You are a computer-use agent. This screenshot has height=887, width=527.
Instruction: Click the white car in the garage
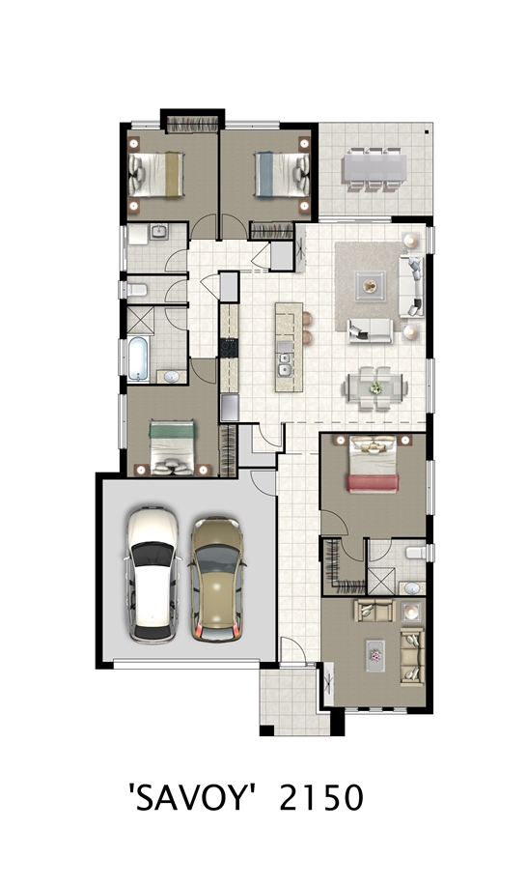pyautogui.click(x=153, y=575)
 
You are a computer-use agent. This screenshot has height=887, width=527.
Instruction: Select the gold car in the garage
pyautogui.click(x=217, y=579)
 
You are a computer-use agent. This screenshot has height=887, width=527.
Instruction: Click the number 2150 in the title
pyautogui.click(x=321, y=798)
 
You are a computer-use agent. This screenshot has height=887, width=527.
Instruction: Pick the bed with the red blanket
pyautogui.click(x=373, y=464)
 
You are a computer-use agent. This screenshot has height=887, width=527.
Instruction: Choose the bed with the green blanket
pyautogui.click(x=172, y=447)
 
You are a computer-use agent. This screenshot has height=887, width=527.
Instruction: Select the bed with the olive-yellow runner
pyautogui.click(x=156, y=174)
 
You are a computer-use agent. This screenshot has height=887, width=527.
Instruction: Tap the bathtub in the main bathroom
pyautogui.click(x=138, y=358)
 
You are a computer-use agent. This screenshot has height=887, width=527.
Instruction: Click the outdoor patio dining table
pyautogui.click(x=374, y=169)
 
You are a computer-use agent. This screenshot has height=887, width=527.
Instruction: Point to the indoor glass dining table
pyautogui.click(x=375, y=387)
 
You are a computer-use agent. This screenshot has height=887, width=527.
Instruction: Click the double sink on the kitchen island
pyautogui.click(x=285, y=365)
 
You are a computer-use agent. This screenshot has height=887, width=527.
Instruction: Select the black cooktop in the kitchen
pyautogui.click(x=229, y=347)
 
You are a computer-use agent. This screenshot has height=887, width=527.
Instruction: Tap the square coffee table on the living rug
pyautogui.click(x=370, y=287)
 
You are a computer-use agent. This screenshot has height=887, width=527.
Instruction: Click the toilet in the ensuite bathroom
pyautogui.click(x=416, y=552)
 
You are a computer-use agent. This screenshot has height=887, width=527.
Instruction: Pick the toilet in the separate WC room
pyautogui.click(x=137, y=290)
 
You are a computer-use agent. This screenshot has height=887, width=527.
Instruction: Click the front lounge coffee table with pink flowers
pyautogui.click(x=375, y=656)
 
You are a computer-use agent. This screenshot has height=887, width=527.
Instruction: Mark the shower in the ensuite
pyautogui.click(x=381, y=581)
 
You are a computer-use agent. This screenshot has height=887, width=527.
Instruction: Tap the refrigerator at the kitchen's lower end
pyautogui.click(x=230, y=408)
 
